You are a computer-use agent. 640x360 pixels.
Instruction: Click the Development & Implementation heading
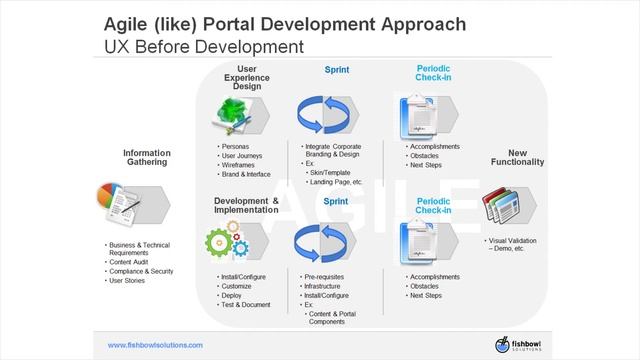pyautogui.click(x=247, y=207)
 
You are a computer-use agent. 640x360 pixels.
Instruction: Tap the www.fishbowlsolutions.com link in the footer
pyautogui.click(x=155, y=345)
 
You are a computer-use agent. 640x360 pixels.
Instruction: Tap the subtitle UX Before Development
pyautogui.click(x=204, y=46)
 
